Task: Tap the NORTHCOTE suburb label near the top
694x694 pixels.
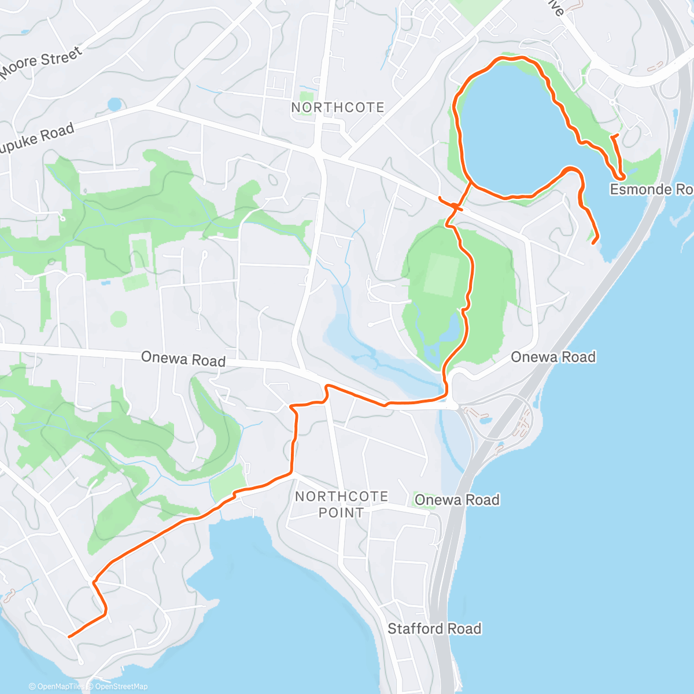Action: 338,108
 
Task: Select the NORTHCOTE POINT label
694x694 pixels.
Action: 341,504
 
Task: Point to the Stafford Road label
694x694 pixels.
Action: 434,629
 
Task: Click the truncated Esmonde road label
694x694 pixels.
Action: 651,190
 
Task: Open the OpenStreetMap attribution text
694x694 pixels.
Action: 121,686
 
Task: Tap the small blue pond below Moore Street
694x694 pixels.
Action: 115,105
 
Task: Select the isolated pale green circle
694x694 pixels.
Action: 119,319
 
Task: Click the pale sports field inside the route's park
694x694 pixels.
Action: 442,275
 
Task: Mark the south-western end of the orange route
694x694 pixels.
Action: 69,637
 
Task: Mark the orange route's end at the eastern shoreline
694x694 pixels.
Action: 593,243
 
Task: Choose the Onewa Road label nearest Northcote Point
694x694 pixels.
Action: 457,500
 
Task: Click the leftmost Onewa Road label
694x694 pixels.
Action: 183,359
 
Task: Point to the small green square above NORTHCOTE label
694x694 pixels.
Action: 306,96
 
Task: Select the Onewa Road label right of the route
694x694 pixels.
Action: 553,357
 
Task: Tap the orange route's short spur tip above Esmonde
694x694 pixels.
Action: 618,135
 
